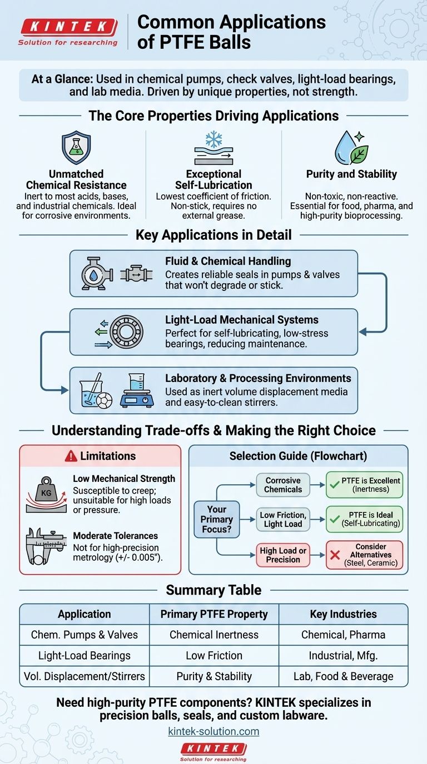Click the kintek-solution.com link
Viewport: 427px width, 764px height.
tap(213, 731)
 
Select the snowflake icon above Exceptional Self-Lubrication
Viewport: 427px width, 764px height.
tap(213, 140)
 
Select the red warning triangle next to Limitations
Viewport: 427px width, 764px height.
tap(71, 456)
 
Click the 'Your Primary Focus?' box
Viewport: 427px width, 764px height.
tap(217, 519)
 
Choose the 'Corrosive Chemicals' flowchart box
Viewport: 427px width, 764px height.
tap(283, 485)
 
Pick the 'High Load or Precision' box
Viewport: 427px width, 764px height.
tap(283, 555)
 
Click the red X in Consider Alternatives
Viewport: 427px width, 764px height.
tap(335, 555)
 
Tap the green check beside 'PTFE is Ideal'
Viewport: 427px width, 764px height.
tap(335, 519)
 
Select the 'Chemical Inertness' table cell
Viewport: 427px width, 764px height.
tap(214, 635)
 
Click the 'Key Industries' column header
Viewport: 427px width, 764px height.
tap(343, 614)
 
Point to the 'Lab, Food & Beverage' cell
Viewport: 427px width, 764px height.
tap(343, 676)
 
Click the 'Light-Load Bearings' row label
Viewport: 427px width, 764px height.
tap(85, 656)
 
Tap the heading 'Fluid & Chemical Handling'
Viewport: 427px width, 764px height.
tap(228, 261)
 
